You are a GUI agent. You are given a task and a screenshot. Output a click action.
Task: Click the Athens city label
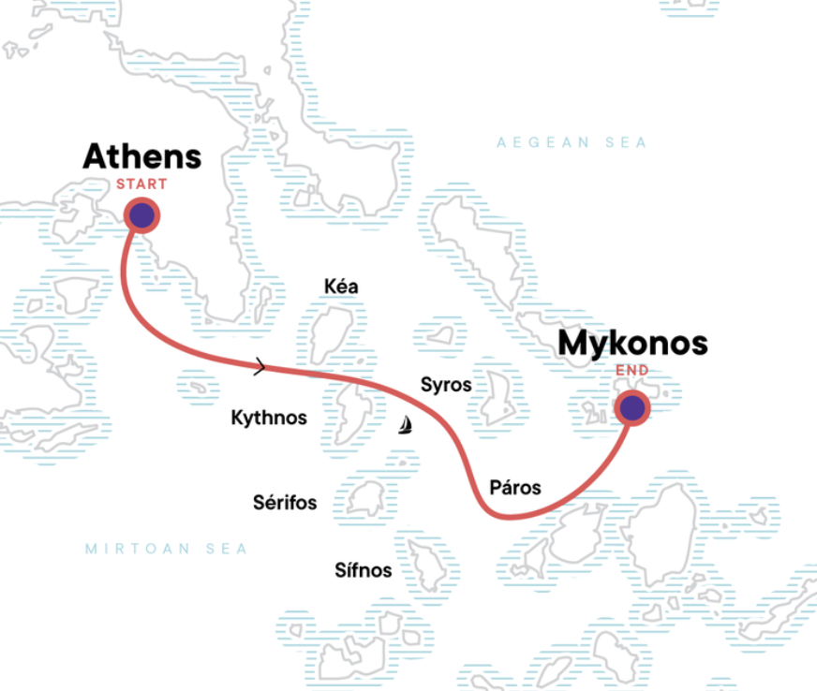click(141, 156)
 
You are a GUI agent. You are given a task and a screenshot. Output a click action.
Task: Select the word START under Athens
click(141, 184)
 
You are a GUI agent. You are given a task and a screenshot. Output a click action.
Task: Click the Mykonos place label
click(632, 344)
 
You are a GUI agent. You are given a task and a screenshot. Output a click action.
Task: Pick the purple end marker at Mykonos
click(632, 407)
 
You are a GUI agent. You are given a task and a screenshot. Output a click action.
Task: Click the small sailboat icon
click(406, 425)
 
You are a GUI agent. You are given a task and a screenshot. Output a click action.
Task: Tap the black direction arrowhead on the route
click(260, 366)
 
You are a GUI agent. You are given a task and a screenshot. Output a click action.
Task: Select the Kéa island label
click(340, 287)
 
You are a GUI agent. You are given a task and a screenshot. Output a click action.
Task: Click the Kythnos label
click(269, 418)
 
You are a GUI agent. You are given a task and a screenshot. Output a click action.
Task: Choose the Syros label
click(446, 384)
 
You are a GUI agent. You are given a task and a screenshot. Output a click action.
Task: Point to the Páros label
click(515, 487)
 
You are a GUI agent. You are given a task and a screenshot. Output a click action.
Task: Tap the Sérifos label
click(285, 503)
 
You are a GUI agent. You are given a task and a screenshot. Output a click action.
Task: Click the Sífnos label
click(364, 569)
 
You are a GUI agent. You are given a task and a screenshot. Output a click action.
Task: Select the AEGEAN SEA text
click(572, 142)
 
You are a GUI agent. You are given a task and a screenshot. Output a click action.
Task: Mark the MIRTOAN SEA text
click(166, 549)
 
